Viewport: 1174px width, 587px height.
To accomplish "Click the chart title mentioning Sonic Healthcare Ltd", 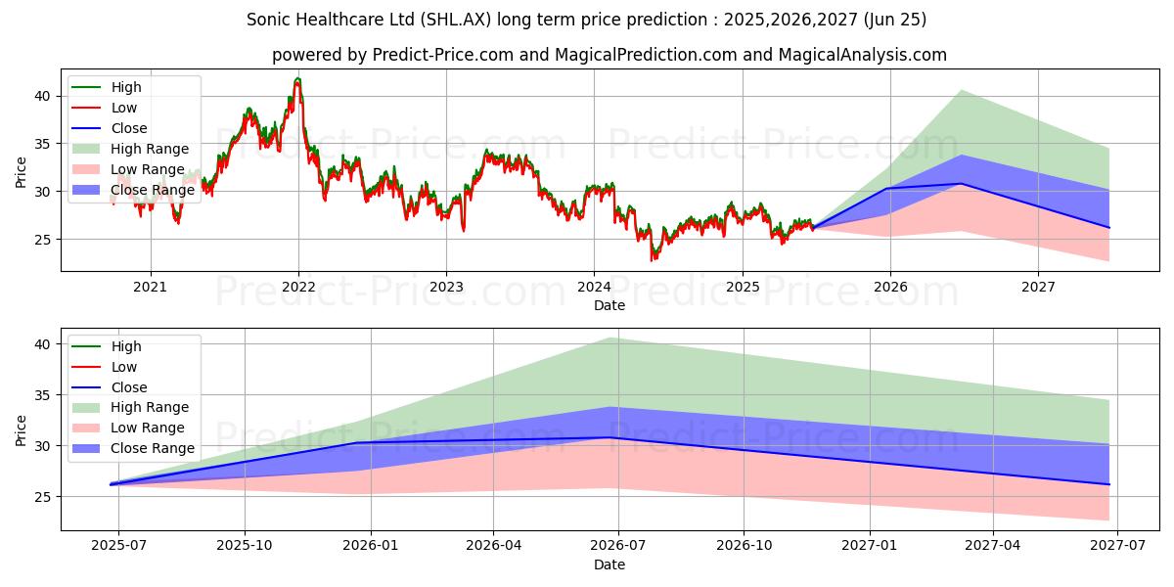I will click(x=587, y=20).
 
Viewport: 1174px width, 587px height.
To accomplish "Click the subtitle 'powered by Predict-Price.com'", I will click(x=609, y=55).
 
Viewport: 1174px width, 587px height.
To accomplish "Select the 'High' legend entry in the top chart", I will click(x=125, y=87).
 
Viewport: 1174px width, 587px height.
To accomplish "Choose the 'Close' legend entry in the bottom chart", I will click(x=129, y=387).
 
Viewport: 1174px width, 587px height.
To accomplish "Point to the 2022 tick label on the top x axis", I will click(x=298, y=287).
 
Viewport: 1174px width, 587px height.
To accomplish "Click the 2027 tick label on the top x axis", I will click(x=1038, y=287).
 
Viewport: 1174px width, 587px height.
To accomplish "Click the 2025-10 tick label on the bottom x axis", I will click(x=245, y=546).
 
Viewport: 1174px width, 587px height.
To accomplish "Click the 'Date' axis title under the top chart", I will click(x=609, y=305).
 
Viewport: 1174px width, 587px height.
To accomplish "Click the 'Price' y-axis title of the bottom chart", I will click(x=22, y=429).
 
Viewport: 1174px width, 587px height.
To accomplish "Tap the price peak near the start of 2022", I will click(x=297, y=79).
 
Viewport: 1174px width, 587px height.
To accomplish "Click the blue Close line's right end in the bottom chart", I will click(x=1108, y=484).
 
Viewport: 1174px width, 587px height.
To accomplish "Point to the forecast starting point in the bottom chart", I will click(x=112, y=483).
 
